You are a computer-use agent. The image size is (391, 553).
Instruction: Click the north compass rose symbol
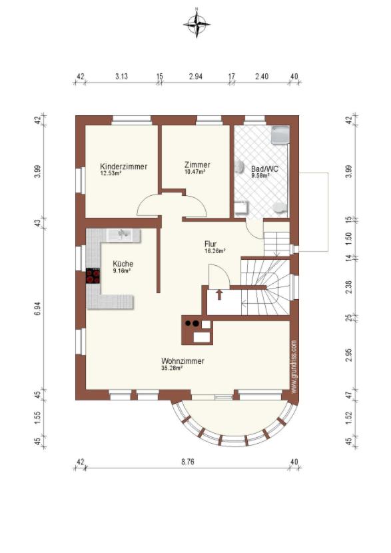pos(196,24)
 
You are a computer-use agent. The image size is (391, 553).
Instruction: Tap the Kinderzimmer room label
pos(123,167)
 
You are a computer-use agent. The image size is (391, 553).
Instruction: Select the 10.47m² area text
pos(195,172)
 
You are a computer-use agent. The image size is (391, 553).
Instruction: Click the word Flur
pos(210,244)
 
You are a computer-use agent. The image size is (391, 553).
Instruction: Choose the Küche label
pos(123,263)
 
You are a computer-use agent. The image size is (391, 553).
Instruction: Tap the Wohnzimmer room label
pos(183,361)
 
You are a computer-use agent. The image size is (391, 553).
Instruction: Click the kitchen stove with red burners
pos(93,276)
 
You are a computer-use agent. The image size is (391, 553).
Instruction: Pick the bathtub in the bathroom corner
pos(280,135)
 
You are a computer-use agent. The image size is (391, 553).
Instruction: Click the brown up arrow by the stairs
pos(219,294)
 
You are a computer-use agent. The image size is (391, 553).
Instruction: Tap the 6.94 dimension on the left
pos(38,308)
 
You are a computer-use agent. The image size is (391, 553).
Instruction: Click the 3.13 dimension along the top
pos(121,76)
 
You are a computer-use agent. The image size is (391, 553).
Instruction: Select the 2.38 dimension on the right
pos(348,286)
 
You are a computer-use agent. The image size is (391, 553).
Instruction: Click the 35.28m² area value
pos(172,368)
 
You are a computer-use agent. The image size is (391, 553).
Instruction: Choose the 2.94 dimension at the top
pos(196,76)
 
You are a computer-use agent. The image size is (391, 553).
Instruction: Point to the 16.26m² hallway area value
pos(214,251)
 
